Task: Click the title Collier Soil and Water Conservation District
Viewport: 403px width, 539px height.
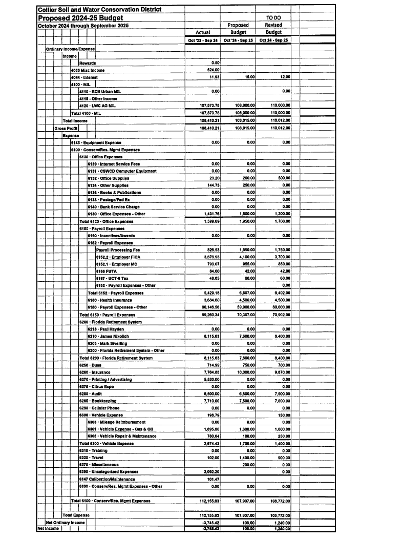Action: [100, 10]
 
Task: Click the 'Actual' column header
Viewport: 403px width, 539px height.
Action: [203, 32]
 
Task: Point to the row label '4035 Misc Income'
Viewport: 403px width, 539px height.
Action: [88, 70]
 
